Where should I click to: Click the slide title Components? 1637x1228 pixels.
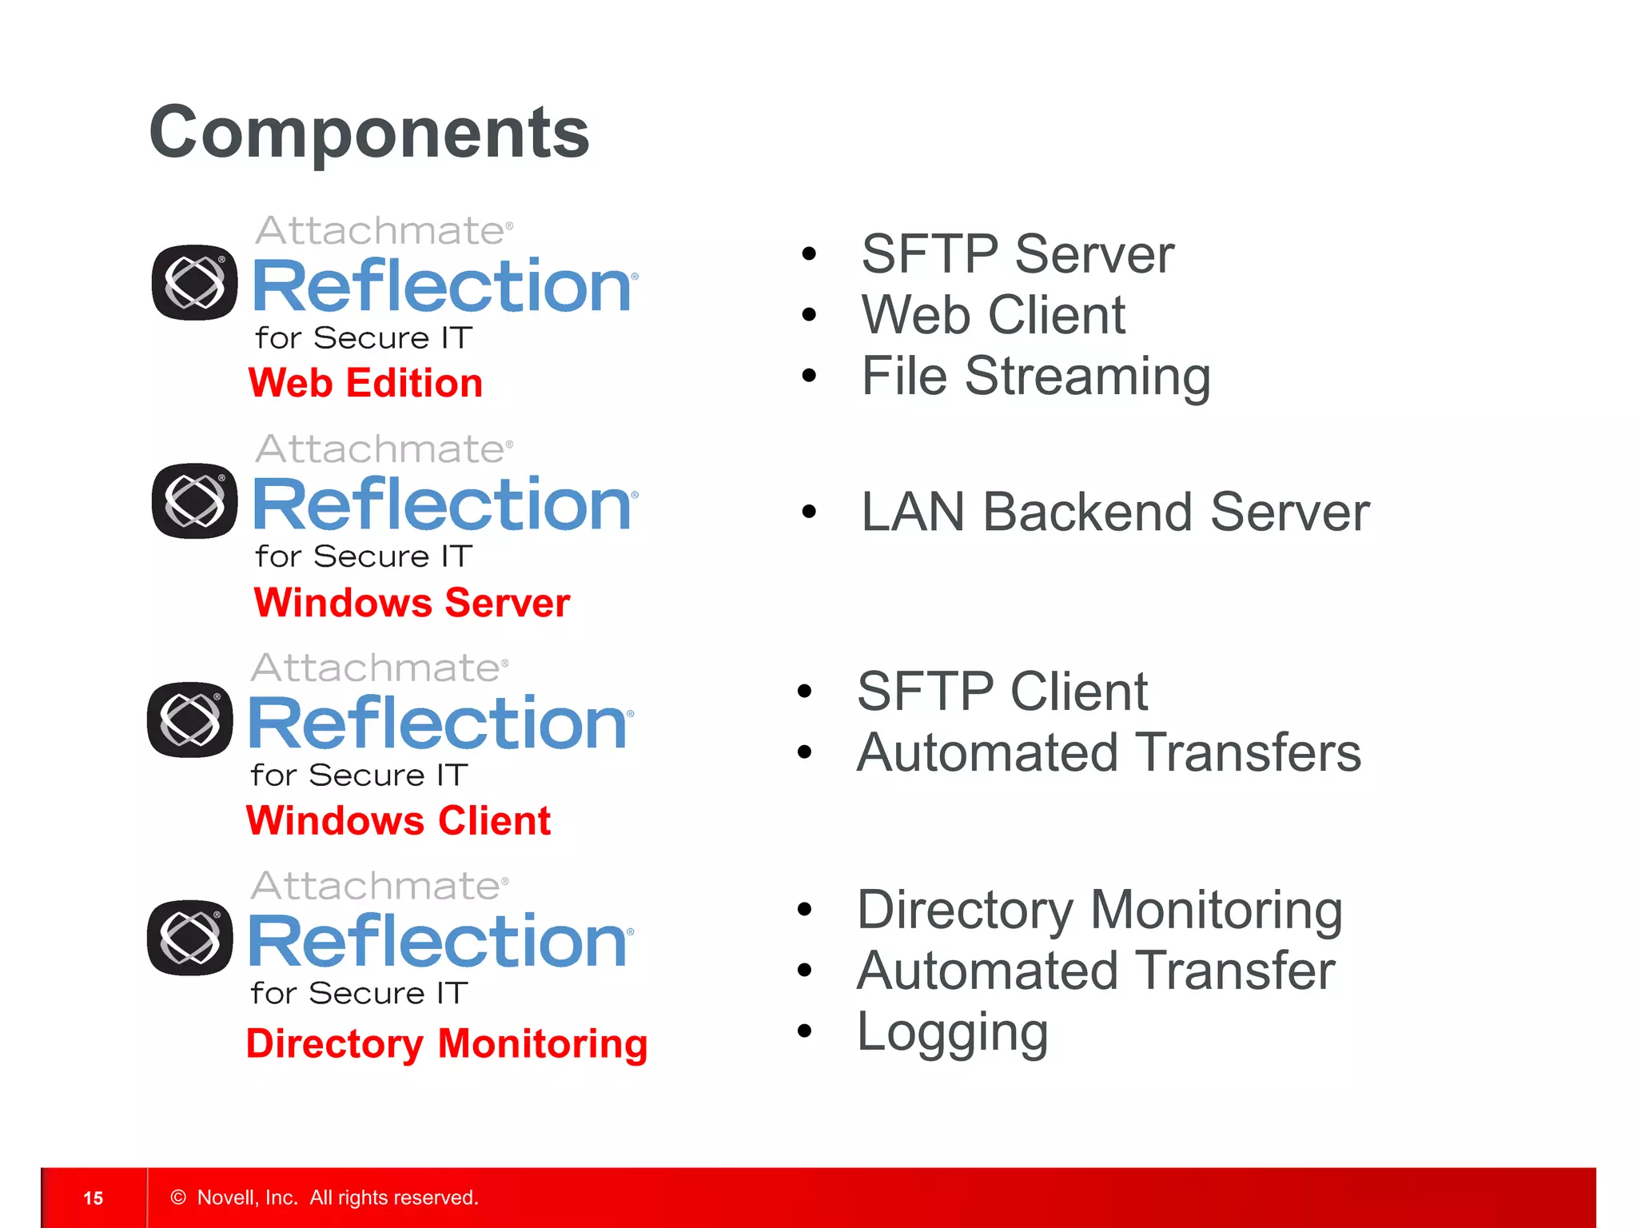[x=368, y=133]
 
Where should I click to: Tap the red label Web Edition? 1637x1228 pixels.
[x=365, y=383]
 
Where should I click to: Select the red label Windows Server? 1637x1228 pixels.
[x=411, y=602]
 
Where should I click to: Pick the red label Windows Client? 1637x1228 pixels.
[x=398, y=820]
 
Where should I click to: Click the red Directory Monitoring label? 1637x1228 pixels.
[x=446, y=1043]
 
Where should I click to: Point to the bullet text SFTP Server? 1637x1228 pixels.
[x=1017, y=254]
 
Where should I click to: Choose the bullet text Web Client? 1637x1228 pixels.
[x=993, y=315]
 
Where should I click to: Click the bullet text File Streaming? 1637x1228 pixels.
[x=1035, y=376]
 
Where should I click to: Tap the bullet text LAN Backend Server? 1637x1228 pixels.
[x=1114, y=512]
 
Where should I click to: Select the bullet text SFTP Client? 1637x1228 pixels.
[x=1002, y=692]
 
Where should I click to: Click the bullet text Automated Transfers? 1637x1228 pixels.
[x=1108, y=752]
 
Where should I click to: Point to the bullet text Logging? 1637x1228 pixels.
[x=951, y=1032]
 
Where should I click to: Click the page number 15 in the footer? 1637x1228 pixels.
[x=93, y=1198]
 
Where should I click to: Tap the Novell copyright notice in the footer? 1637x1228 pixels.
[x=325, y=1198]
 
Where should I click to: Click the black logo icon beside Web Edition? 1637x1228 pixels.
[x=194, y=282]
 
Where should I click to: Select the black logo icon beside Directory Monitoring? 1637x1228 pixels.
[x=190, y=938]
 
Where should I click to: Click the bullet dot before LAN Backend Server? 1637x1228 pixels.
[x=809, y=512]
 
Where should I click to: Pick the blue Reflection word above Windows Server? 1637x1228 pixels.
[x=442, y=504]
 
